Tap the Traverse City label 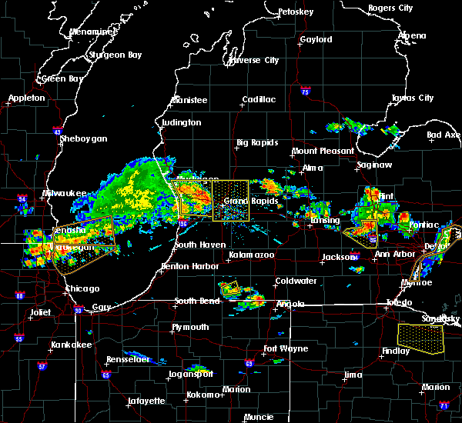coord(252,60)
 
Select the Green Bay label coord(62,78)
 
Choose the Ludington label coord(181,122)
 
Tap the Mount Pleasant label coord(323,152)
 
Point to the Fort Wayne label coord(286,349)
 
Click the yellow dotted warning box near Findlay coord(421,338)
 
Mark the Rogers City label coord(390,8)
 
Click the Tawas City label coord(412,98)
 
